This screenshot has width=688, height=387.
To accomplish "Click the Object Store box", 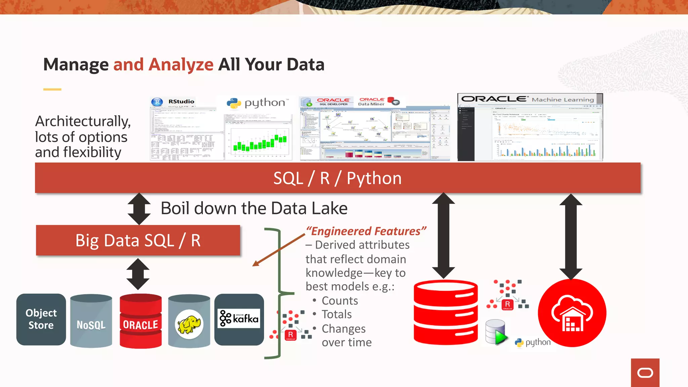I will [41, 319].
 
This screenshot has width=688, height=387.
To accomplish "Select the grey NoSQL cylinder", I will [91, 321].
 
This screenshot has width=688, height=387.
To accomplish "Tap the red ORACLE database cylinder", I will [140, 321].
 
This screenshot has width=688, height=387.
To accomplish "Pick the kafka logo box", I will [239, 319].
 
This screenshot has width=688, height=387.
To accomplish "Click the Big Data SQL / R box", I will [138, 241].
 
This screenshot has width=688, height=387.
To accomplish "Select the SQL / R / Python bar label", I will [337, 178].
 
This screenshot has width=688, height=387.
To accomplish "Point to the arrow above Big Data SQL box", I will [139, 209].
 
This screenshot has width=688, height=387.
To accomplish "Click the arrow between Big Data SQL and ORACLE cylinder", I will [138, 274].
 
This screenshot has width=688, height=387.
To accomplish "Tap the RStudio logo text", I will [181, 101].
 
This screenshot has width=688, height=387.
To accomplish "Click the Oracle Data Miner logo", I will [372, 101].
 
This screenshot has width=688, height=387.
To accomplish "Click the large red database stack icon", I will [445, 312].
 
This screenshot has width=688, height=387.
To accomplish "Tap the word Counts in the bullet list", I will [340, 301].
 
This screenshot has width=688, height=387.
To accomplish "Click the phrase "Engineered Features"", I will [366, 231].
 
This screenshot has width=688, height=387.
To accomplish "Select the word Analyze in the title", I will [181, 64].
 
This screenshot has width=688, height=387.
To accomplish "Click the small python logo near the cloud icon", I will [533, 342].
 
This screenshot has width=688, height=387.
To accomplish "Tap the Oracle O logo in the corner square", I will [645, 373].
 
